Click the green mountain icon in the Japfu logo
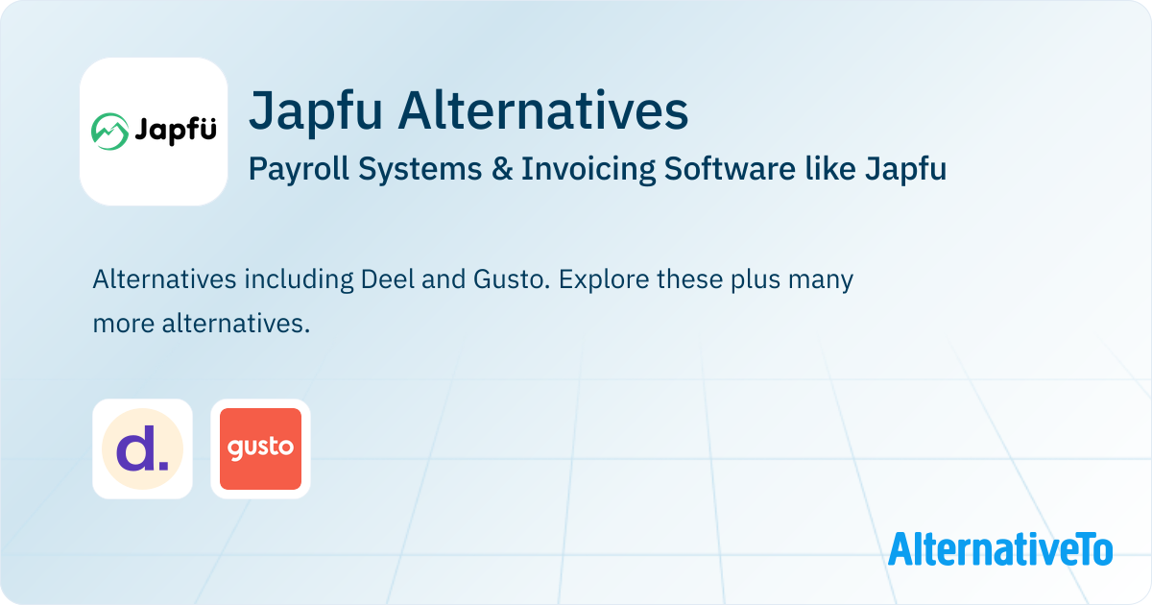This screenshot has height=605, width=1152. [x=109, y=132]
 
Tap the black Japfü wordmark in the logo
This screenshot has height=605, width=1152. [x=176, y=131]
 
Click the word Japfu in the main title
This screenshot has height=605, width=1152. [x=316, y=111]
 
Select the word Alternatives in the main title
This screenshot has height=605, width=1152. [x=543, y=110]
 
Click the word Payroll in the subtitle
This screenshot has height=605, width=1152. [x=299, y=169]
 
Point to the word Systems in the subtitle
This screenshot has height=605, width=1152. [x=420, y=169]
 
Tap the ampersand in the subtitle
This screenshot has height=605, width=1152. [x=502, y=169]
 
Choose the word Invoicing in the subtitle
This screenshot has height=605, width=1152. [x=588, y=169]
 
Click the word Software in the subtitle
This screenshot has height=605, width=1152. [x=730, y=169]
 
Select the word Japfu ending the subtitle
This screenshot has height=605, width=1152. [x=905, y=169]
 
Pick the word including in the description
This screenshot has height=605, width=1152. [x=299, y=280]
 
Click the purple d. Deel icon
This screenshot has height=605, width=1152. [x=142, y=448]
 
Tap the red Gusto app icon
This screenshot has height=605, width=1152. [x=260, y=448]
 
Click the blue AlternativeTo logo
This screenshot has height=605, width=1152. [x=1000, y=549]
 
